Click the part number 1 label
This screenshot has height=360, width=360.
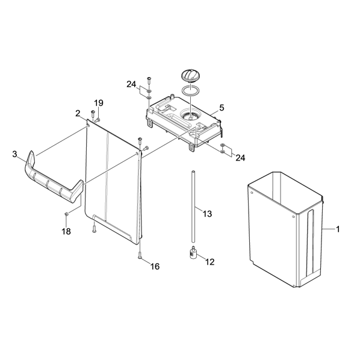pyautogui.click(x=338, y=229)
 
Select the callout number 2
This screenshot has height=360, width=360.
pyautogui.click(x=78, y=113)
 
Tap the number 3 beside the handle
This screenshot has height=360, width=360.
pyautogui.click(x=14, y=154)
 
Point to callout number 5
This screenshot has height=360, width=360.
pyautogui.click(x=222, y=108)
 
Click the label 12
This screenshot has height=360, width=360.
pyautogui.click(x=209, y=262)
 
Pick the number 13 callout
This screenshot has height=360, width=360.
pyautogui.click(x=207, y=214)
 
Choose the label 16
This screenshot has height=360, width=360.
pyautogui.click(x=155, y=266)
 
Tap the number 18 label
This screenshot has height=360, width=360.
pyautogui.click(x=66, y=231)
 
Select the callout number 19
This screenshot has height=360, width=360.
pyautogui.click(x=99, y=103)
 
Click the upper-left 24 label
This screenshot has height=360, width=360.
pyautogui.click(x=131, y=84)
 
